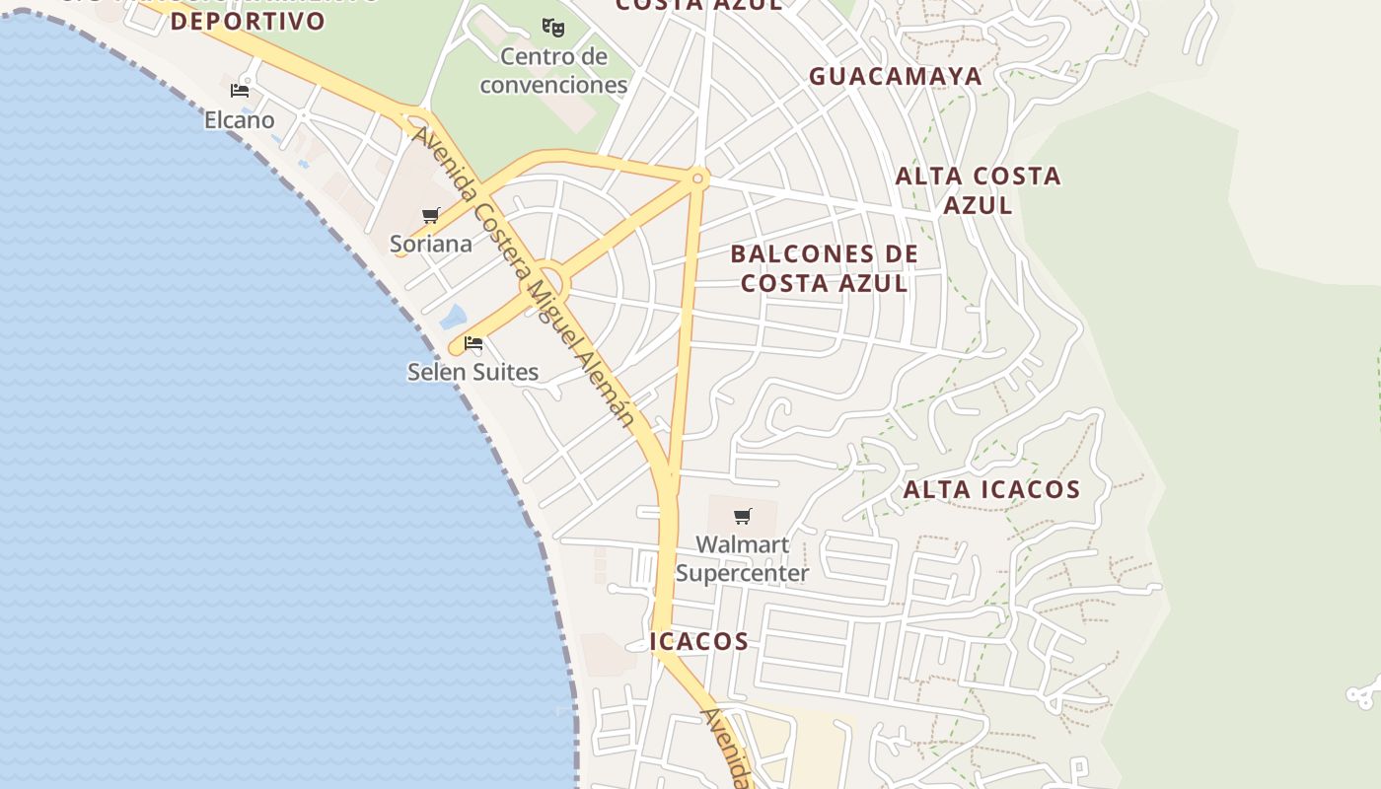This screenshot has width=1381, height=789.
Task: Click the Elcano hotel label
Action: pos(239,120)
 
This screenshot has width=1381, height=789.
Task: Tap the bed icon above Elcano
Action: pos(239,91)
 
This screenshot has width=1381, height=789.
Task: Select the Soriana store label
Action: pos(430,244)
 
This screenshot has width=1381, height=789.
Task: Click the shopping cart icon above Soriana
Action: pos(430,215)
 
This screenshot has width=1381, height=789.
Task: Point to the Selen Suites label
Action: pos(472,372)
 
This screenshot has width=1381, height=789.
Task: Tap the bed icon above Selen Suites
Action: pos(473,343)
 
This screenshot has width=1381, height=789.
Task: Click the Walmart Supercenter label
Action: pos(742,558)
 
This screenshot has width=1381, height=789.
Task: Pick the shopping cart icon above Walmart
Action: pos(743,516)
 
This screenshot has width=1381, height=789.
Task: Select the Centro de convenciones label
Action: pos(553,70)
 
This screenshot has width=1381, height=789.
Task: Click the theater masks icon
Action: pos(553,27)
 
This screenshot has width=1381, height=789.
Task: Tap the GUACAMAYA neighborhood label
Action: pos(896,76)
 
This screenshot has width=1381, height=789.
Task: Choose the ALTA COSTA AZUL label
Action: pos(978,190)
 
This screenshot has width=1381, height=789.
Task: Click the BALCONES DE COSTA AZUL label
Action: pos(825,268)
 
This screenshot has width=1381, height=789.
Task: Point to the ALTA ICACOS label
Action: pos(991,489)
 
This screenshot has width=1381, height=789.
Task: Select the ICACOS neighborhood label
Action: pos(699,641)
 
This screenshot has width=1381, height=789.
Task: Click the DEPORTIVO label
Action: pos(248,21)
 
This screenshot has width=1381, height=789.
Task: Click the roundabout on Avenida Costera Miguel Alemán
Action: pos(545,279)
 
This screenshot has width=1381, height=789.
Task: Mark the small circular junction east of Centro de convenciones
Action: pos(697,179)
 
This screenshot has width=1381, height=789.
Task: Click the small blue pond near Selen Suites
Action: pos(453,317)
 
